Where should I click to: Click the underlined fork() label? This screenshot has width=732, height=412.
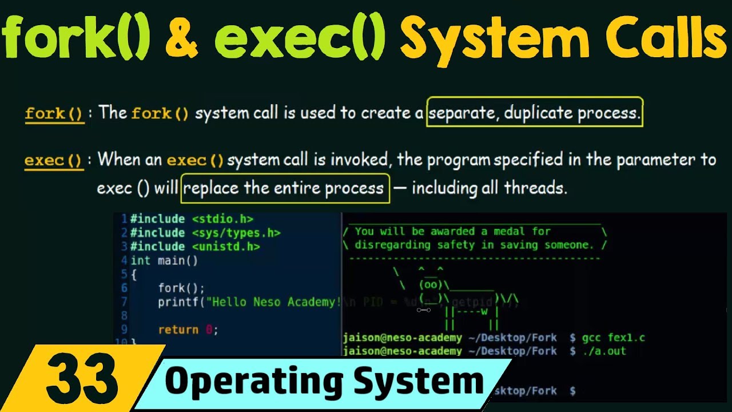[54, 113]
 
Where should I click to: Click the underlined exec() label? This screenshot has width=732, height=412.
[54, 160]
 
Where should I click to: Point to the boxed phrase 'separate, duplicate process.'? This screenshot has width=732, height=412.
[535, 113]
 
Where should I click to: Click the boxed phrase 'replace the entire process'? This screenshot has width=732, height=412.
[284, 188]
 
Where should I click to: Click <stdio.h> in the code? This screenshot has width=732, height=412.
[222, 219]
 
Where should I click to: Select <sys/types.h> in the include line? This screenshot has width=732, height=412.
[236, 233]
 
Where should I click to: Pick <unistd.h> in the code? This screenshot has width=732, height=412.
[226, 247]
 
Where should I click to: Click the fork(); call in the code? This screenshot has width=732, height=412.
[181, 288]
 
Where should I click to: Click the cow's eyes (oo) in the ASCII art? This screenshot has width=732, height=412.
[431, 284]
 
